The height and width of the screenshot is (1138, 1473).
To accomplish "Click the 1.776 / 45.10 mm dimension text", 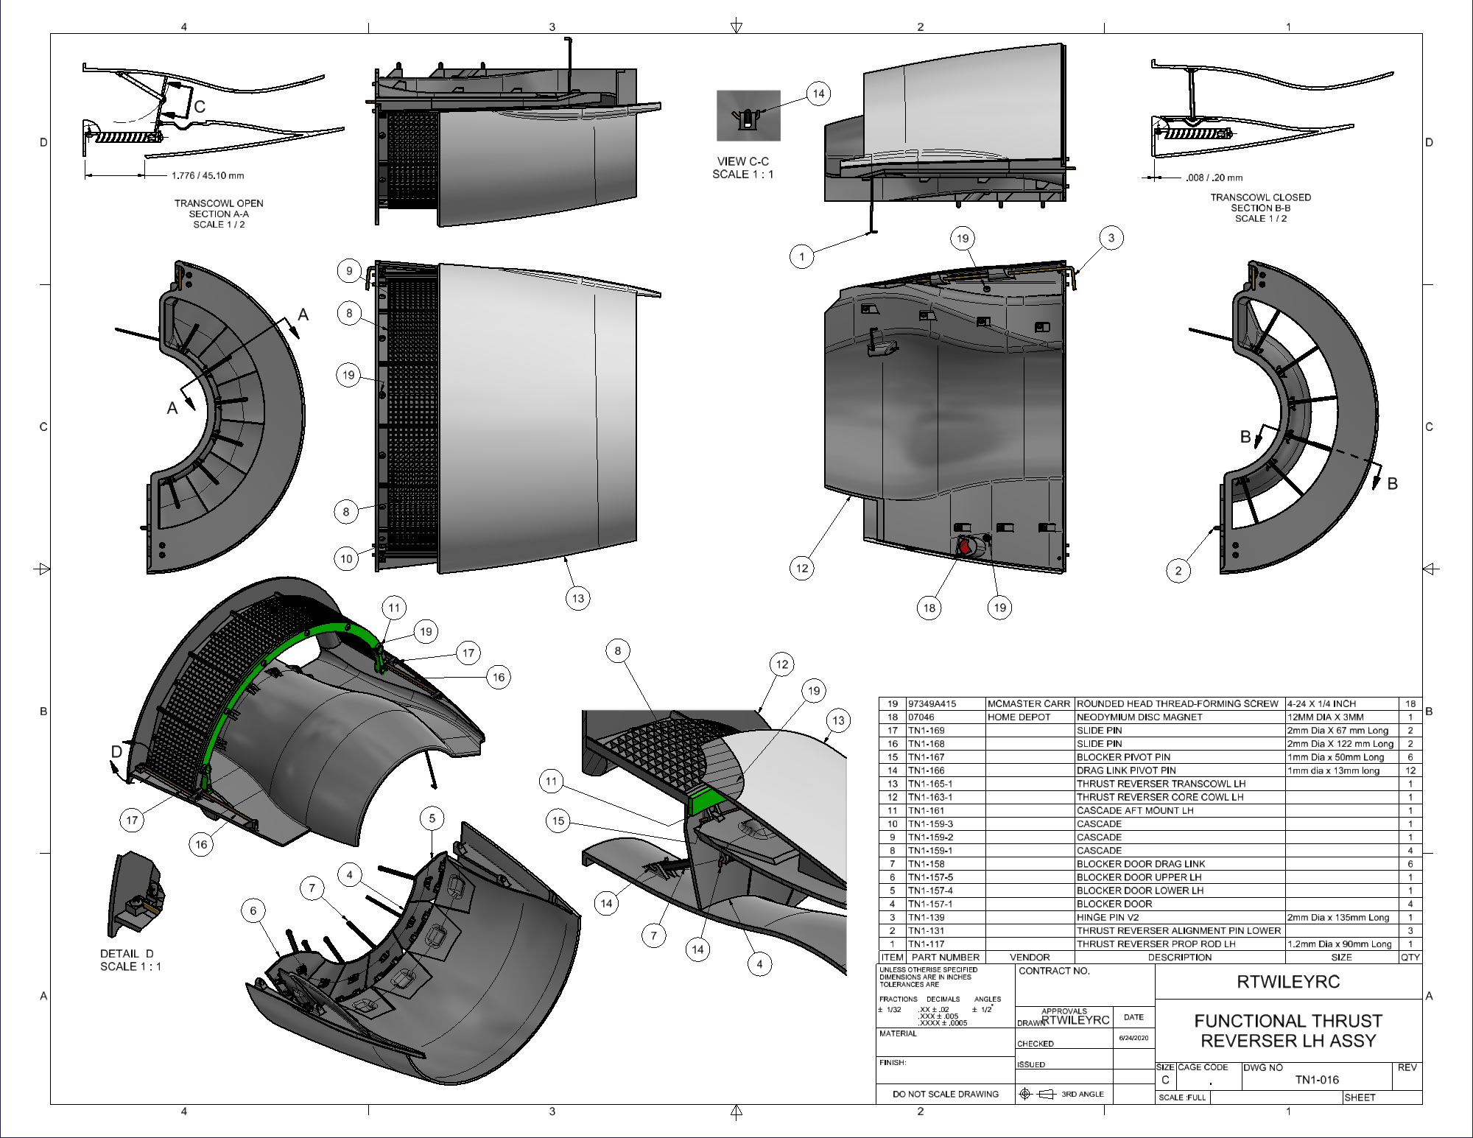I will [x=207, y=176].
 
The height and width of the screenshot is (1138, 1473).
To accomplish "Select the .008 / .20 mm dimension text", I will [x=1214, y=178].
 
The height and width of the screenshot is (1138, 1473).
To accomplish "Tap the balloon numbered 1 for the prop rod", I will [x=802, y=256].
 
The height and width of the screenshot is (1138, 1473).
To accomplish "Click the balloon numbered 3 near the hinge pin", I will [x=1111, y=237].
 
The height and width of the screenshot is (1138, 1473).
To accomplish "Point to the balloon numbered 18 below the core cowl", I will [x=929, y=608].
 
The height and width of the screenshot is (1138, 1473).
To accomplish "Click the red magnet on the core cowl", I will [x=964, y=547].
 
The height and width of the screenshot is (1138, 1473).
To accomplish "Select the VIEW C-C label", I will [x=742, y=161].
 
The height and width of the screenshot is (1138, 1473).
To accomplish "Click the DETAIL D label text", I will [x=127, y=954].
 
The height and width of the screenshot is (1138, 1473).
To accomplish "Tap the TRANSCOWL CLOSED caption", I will [x=1260, y=197].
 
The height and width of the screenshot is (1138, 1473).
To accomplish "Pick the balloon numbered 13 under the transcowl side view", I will [x=578, y=598].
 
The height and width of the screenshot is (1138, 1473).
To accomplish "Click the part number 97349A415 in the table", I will [x=932, y=703].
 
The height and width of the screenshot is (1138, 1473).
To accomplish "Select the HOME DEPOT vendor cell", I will [x=1019, y=717].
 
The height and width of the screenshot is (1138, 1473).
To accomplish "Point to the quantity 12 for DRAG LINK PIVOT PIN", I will [x=1410, y=770].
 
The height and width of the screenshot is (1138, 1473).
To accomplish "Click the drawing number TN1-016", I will [x=1317, y=1080].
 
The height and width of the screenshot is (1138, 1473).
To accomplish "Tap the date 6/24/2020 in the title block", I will [x=1133, y=1038].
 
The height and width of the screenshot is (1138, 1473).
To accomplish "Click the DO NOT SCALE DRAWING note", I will [x=945, y=1094].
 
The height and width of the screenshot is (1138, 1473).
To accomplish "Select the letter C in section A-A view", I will [x=199, y=107].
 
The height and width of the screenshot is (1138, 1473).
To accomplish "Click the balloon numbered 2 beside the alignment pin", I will [x=1178, y=570].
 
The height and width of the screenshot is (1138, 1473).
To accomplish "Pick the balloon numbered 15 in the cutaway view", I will [x=558, y=821].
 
